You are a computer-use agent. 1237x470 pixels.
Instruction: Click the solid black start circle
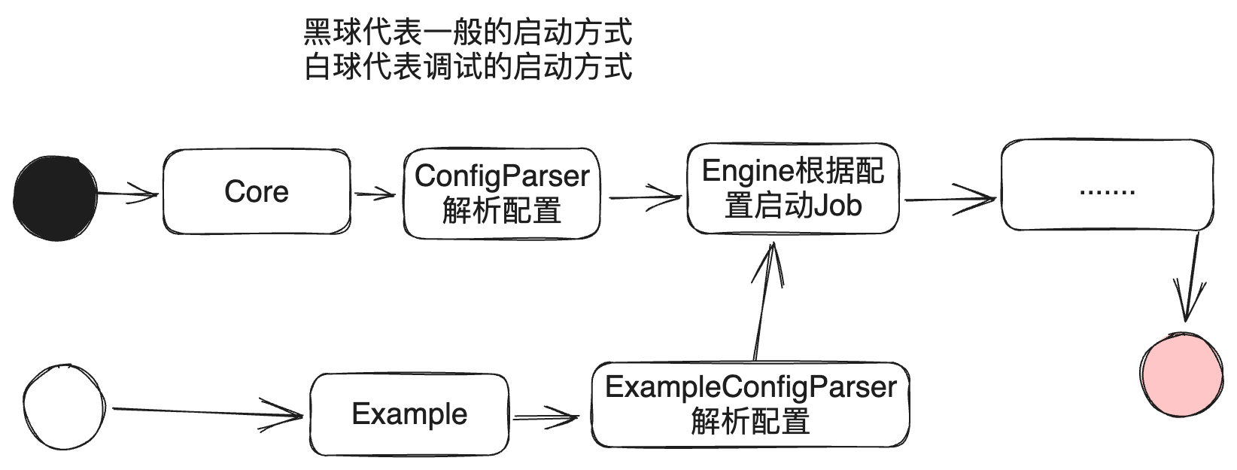[56, 198]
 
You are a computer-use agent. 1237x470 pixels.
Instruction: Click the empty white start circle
[64, 407]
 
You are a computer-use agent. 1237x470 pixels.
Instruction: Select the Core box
[257, 191]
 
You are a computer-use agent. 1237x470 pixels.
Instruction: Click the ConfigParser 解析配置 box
[502, 194]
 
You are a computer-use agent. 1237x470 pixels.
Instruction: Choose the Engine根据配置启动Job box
[793, 188]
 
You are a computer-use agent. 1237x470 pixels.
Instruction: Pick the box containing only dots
[1107, 185]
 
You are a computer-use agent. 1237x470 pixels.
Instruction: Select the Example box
[409, 414]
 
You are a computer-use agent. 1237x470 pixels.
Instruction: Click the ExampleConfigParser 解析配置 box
[750, 404]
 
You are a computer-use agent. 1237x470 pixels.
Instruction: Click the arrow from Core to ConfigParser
[375, 195]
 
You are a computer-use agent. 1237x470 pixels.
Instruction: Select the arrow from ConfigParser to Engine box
[644, 198]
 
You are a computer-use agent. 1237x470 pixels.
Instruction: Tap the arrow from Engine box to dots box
[950, 200]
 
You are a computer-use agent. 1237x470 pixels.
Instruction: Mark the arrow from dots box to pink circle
[1193, 279]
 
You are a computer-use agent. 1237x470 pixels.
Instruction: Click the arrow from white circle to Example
[207, 411]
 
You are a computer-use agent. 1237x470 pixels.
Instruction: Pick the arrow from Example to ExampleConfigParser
[548, 415]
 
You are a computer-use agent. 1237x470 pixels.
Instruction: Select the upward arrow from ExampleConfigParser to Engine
[764, 301]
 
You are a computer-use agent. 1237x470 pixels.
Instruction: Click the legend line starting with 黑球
[467, 32]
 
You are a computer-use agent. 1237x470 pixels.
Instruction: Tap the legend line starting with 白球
[467, 67]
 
